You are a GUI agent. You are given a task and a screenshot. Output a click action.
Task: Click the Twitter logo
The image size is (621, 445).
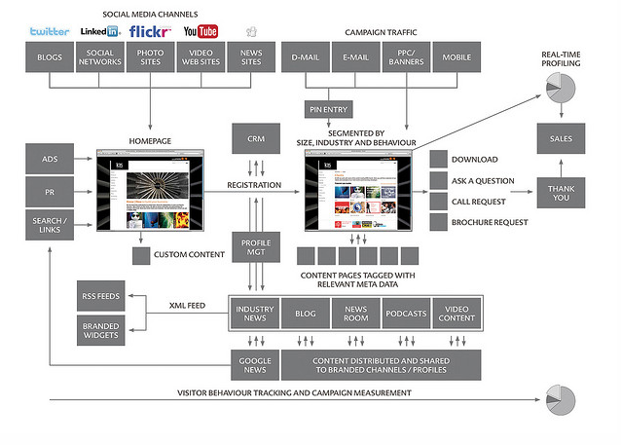[50, 31]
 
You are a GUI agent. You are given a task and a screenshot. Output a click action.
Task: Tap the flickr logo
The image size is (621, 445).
[150, 31]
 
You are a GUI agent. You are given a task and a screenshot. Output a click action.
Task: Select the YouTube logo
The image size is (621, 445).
[201, 32]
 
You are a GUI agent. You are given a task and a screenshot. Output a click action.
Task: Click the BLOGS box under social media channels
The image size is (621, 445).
[50, 58]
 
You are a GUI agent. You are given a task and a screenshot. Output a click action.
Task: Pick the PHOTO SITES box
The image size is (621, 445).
[150, 58]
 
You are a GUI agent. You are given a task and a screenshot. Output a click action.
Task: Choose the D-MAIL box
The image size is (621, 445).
[305, 58]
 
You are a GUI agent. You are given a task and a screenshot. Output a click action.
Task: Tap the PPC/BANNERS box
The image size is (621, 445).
[406, 58]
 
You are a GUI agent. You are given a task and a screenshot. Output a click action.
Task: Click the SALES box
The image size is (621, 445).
[561, 139]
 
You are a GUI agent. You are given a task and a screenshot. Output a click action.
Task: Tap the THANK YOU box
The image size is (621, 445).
[561, 191]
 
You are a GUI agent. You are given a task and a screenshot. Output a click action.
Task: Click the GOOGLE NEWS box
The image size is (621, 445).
[254, 364]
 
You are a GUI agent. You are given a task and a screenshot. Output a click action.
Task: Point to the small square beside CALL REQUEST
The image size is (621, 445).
[437, 201]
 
